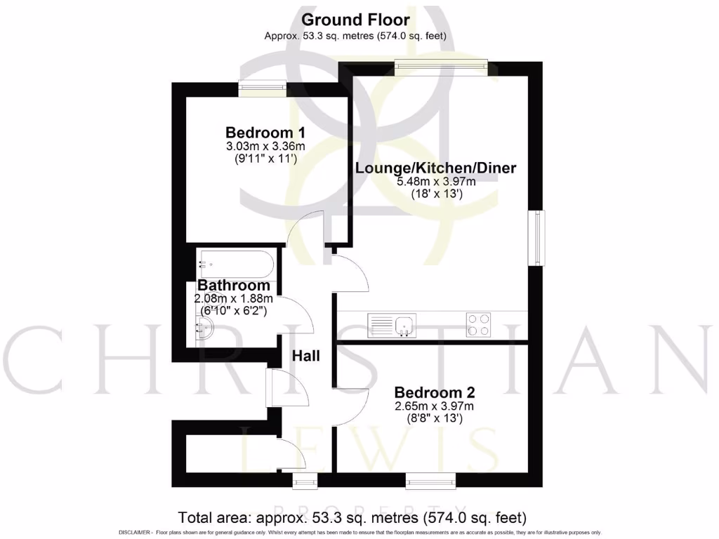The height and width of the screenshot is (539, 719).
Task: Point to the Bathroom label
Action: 234,286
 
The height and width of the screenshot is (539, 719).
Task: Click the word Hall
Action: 306,356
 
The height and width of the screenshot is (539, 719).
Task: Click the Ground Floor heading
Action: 355,20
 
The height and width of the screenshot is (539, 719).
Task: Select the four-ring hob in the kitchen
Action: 478,324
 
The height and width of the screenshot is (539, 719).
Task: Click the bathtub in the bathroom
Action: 235,264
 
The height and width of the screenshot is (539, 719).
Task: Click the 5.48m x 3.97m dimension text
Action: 436,182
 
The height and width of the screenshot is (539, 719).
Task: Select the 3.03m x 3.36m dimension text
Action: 265,147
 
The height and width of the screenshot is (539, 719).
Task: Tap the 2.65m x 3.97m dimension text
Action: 434,406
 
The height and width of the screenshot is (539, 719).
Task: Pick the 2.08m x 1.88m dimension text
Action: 233,298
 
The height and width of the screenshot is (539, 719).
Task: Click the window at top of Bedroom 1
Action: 262,88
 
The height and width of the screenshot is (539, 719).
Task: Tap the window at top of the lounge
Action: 440,67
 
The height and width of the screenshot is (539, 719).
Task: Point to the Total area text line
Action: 352,519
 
